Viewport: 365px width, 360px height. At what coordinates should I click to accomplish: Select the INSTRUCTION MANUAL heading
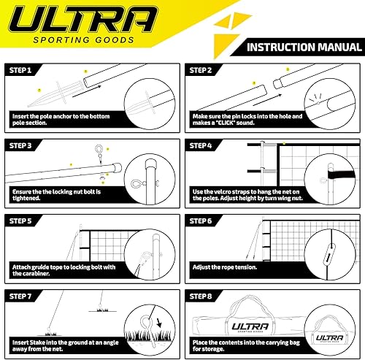[300, 48]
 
